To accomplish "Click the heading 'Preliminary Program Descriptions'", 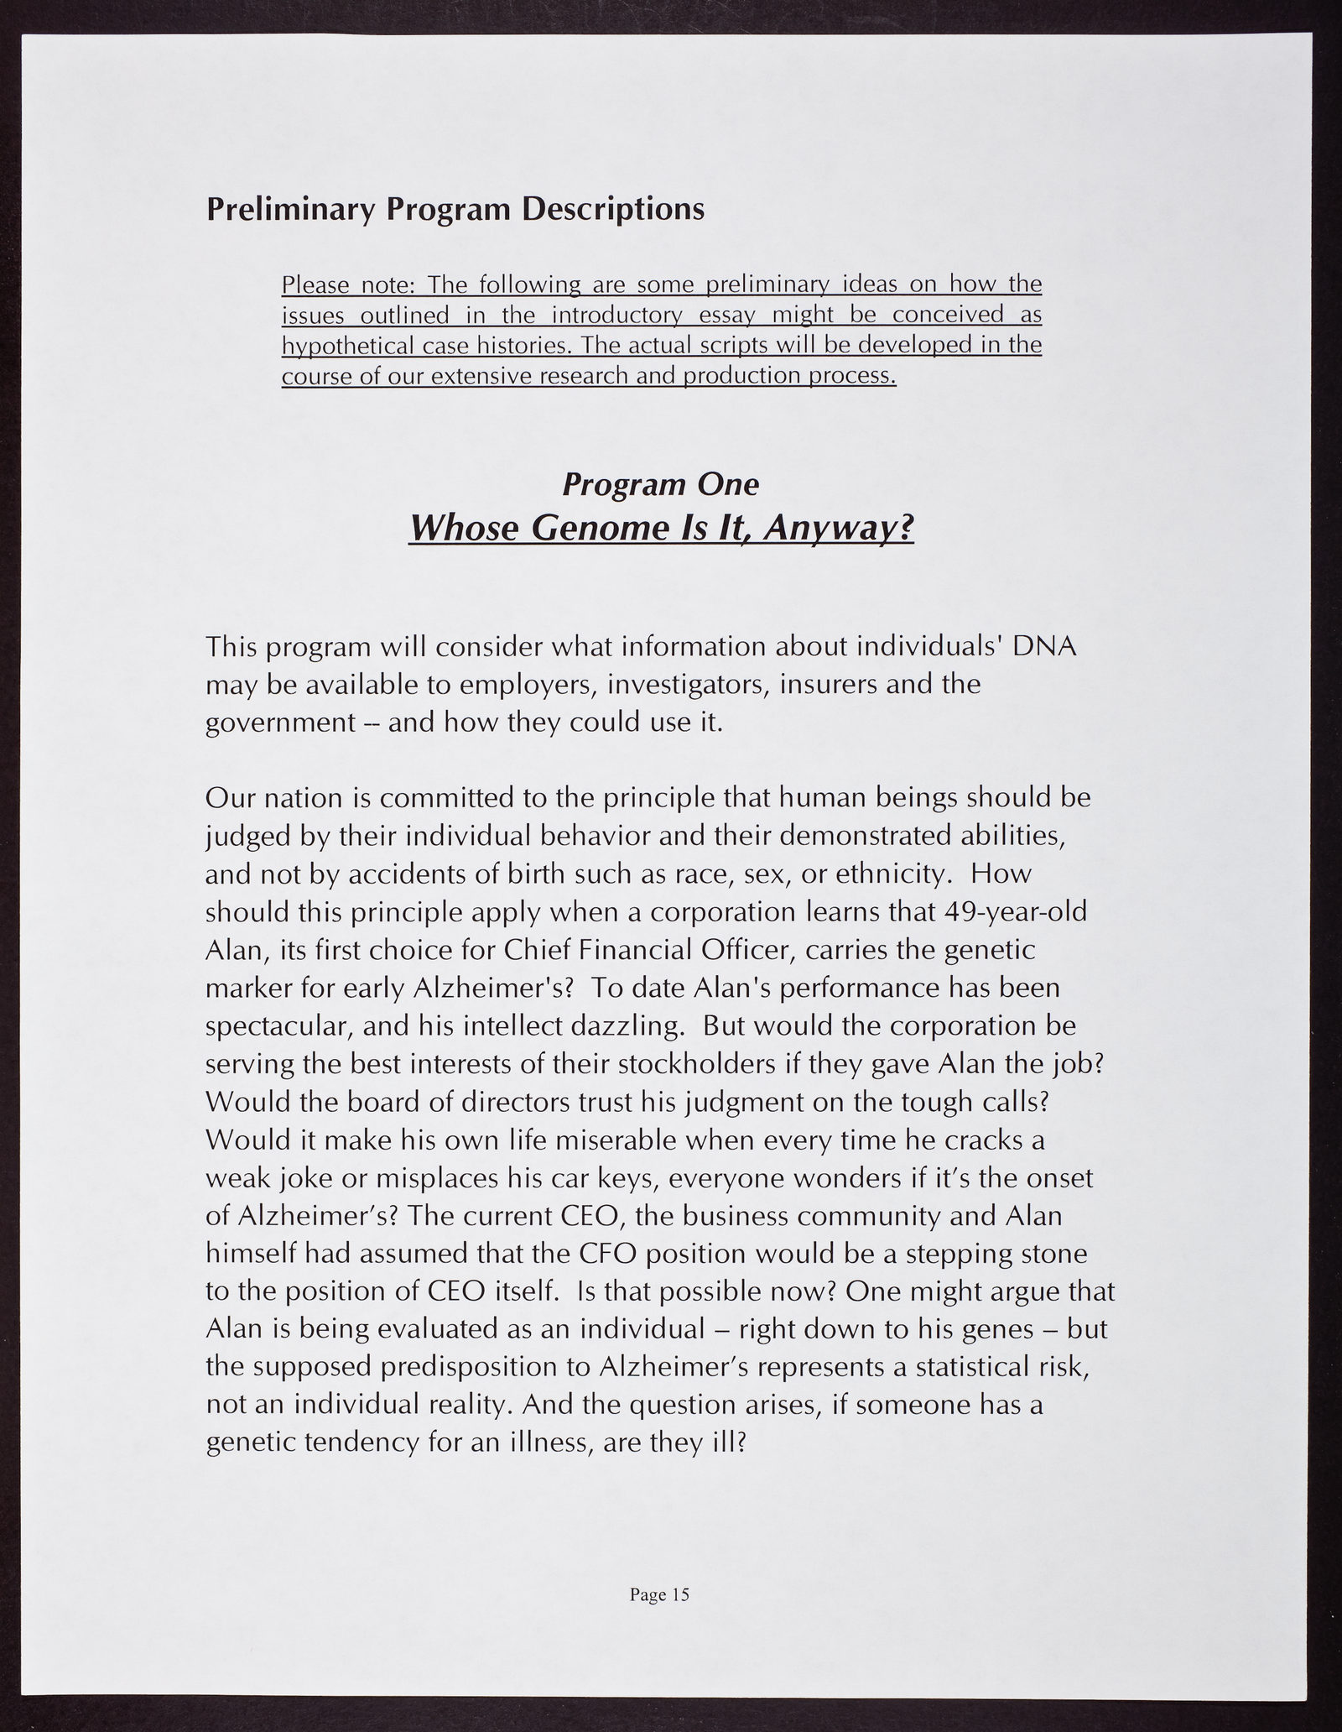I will pyautogui.click(x=455, y=210).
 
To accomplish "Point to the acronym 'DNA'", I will pyautogui.click(x=1044, y=647).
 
